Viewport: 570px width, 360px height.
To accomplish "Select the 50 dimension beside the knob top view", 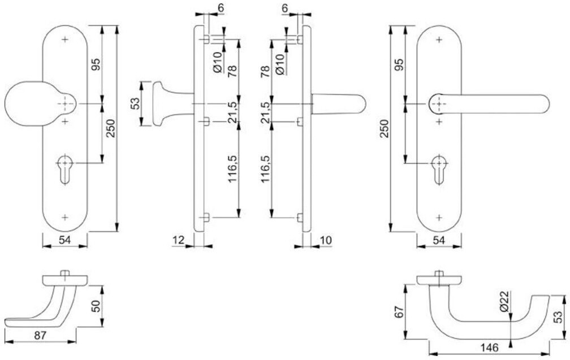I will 96,306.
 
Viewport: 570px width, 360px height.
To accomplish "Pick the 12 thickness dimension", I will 179,241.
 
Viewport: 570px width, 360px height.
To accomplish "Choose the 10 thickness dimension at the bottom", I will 325,241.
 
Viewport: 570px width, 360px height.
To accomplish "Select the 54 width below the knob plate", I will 65,241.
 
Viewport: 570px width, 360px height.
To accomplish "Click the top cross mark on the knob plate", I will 65,40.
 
